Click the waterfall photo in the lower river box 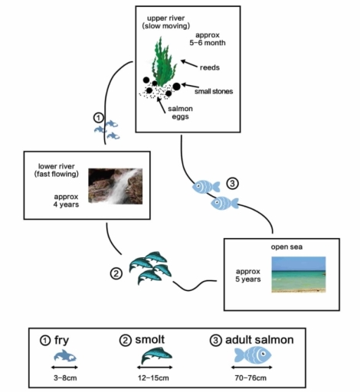(x=116, y=186)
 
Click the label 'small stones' (x=214, y=91)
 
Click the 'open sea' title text (x=286, y=247)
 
